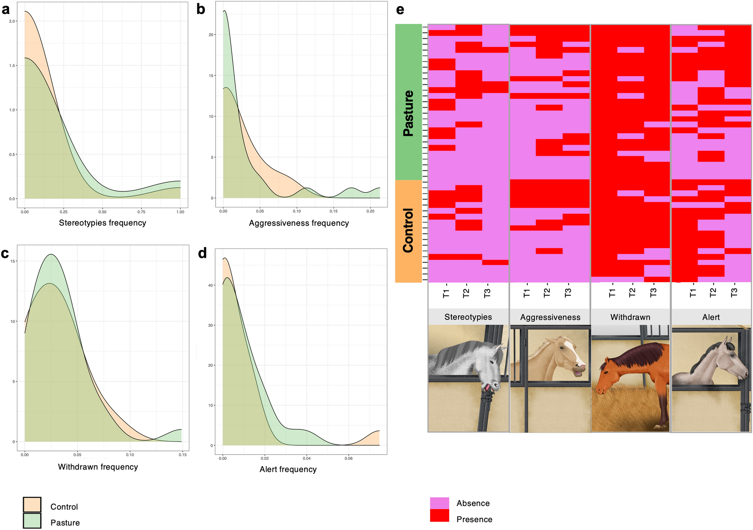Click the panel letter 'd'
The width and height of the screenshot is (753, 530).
(202, 254)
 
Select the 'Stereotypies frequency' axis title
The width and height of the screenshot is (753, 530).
(102, 223)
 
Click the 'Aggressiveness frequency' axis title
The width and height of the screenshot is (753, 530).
(299, 223)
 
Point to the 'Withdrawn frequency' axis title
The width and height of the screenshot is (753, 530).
(98, 467)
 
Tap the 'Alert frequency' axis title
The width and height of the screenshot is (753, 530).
(288, 469)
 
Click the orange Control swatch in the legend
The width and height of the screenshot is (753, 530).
(32, 505)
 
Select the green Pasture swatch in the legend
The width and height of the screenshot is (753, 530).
(32, 521)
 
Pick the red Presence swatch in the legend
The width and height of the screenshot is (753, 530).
(439, 516)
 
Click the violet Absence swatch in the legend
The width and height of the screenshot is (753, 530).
(439, 503)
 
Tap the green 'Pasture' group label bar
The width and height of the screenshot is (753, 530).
(408, 102)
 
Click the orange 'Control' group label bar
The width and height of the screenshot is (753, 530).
(408, 231)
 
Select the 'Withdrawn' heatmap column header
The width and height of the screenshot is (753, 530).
(630, 317)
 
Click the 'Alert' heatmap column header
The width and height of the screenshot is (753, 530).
(711, 317)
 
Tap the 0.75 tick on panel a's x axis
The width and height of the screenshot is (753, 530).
(141, 212)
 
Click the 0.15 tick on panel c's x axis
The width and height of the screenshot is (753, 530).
(182, 455)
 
